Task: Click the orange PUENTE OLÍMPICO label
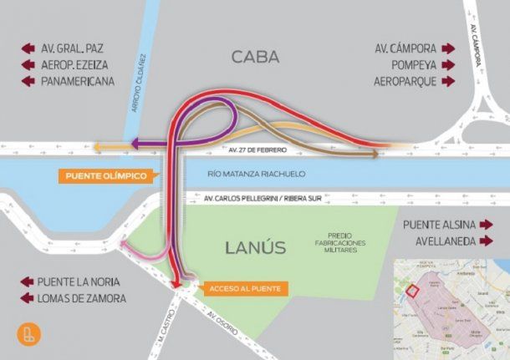105,176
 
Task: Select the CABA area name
255,57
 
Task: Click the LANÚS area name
255,247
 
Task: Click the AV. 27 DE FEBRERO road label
258,150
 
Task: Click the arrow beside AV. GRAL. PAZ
28,48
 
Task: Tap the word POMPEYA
411,64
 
